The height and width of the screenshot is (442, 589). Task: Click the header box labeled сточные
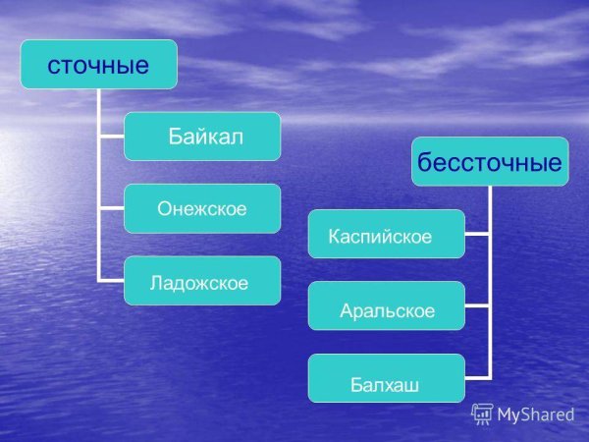coord(99,65)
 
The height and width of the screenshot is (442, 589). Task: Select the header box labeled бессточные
coord(490,161)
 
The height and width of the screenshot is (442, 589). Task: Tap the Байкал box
coord(202,137)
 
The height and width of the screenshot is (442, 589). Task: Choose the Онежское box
coord(202,208)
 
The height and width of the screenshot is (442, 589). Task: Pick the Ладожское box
coord(202,281)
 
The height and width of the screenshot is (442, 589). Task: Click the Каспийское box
coord(387,234)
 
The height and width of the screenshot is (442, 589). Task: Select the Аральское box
coord(387,306)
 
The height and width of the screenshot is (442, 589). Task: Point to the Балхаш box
coord(387,379)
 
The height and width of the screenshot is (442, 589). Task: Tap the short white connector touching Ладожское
coord(111,280)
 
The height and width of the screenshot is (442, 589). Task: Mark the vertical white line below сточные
coord(99,187)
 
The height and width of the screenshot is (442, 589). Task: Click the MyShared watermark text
coord(535,414)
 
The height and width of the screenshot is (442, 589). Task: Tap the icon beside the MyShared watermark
coord(482,414)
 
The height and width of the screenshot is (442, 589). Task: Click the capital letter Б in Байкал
coord(175,137)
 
